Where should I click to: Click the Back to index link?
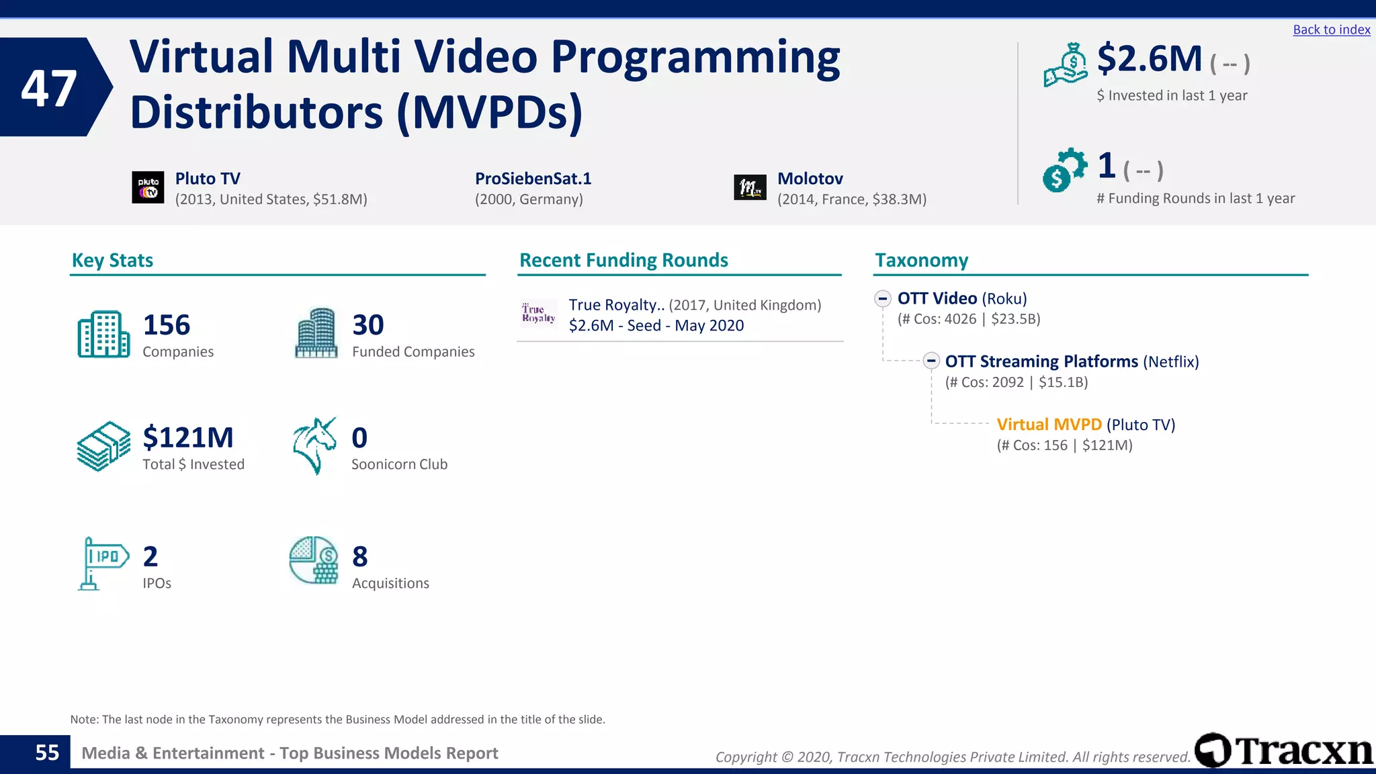point(1331,30)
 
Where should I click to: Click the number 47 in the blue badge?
point(48,89)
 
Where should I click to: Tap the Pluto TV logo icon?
point(148,187)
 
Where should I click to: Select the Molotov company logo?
point(750,187)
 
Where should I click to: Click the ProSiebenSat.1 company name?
point(533,179)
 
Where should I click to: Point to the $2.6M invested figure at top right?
point(1149,59)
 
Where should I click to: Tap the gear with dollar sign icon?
point(1064,169)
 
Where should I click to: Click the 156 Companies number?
point(167,325)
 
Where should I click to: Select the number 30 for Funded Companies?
point(368,325)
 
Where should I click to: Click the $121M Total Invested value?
point(188,437)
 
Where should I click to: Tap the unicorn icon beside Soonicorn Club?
point(314,445)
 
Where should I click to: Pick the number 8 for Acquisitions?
point(360,556)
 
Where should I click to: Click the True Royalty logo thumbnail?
point(538,314)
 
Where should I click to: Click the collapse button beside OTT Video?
point(883,298)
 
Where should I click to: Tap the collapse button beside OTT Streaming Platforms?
point(931,361)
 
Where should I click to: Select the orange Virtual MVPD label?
point(1049,425)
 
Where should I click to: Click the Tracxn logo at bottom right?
point(1283,750)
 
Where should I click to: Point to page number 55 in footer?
point(47,752)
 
